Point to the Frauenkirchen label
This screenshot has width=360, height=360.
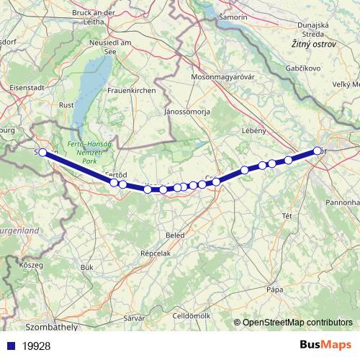pyautogui.click(x=132, y=91)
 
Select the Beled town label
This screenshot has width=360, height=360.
pyautogui.click(x=174, y=235)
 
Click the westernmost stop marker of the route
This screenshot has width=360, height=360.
pyautogui.click(x=42, y=152)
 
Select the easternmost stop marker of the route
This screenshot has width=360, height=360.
pyautogui.click(x=318, y=150)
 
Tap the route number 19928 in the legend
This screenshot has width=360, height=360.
pyautogui.click(x=37, y=346)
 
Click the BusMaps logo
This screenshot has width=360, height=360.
pyautogui.click(x=325, y=346)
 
